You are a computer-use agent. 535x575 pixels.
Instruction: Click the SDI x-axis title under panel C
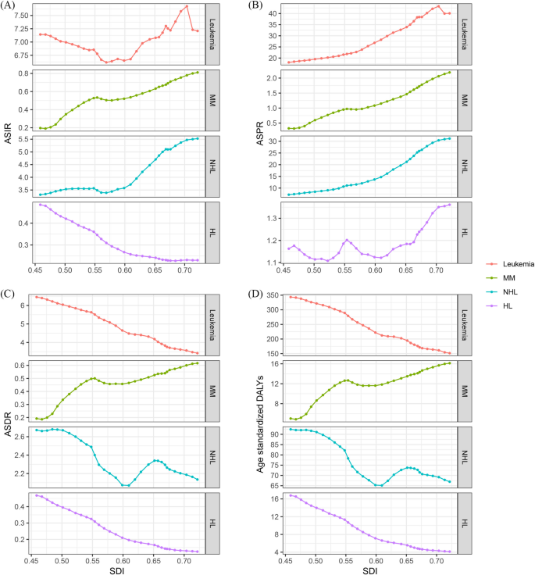click(x=119, y=570)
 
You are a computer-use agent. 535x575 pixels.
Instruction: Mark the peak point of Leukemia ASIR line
click(x=187, y=6)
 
